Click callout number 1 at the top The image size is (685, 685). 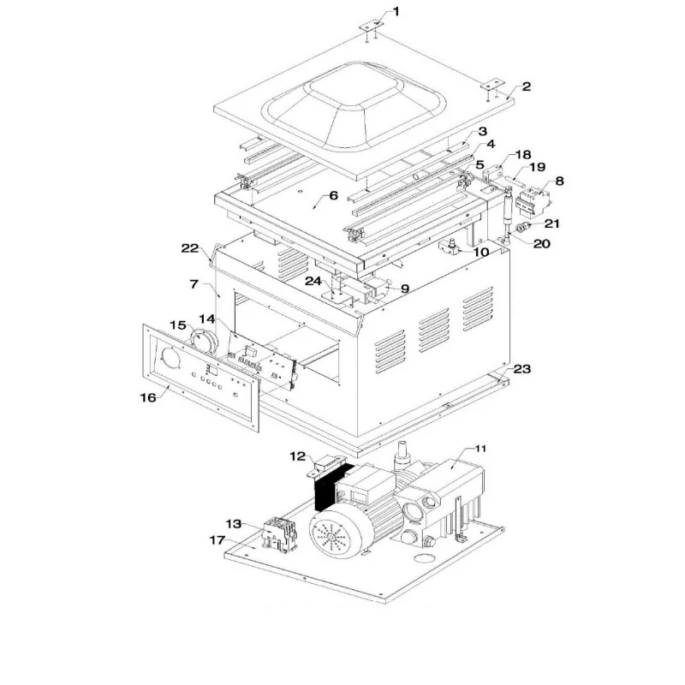(x=396, y=11)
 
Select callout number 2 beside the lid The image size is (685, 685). (x=526, y=86)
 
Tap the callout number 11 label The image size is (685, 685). (x=480, y=448)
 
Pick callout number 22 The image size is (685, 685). (x=189, y=248)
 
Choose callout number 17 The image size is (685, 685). (x=217, y=540)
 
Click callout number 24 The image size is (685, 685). (x=313, y=280)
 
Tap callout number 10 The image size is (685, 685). (x=481, y=252)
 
